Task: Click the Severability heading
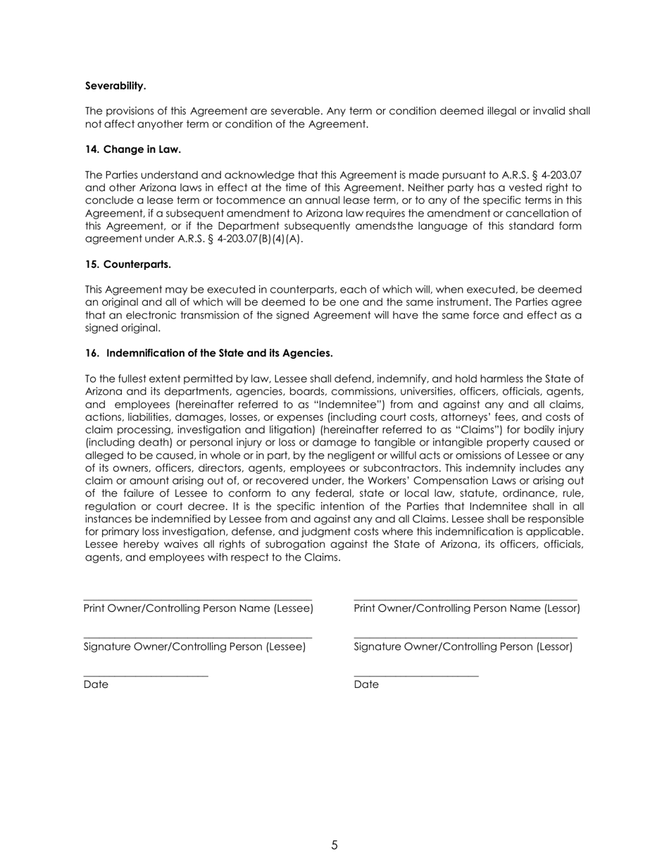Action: click(115, 86)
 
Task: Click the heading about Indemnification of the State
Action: click(209, 353)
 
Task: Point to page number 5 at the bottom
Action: click(334, 845)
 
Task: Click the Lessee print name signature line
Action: click(197, 599)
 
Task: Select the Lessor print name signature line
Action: click(465, 599)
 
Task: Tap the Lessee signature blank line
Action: click(197, 638)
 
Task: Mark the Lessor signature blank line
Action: click(465, 638)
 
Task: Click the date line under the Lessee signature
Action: click(146, 676)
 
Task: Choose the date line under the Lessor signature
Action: click(416, 676)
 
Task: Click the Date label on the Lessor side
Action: click(366, 685)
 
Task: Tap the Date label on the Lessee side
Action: click(96, 685)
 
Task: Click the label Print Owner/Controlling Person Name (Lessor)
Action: click(467, 608)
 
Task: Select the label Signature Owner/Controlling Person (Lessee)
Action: click(194, 647)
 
